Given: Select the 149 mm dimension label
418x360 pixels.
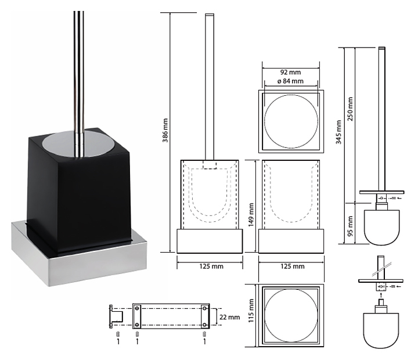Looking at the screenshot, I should click(251, 216).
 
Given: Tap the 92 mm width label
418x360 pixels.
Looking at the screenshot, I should click(292, 72).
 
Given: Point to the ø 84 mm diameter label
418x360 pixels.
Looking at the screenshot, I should click(290, 81).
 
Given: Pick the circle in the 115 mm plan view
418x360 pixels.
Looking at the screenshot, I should click(291, 316).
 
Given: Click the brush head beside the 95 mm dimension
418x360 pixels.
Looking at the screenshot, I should click(381, 226).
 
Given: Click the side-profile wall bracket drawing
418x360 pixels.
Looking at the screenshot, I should click(116, 316).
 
